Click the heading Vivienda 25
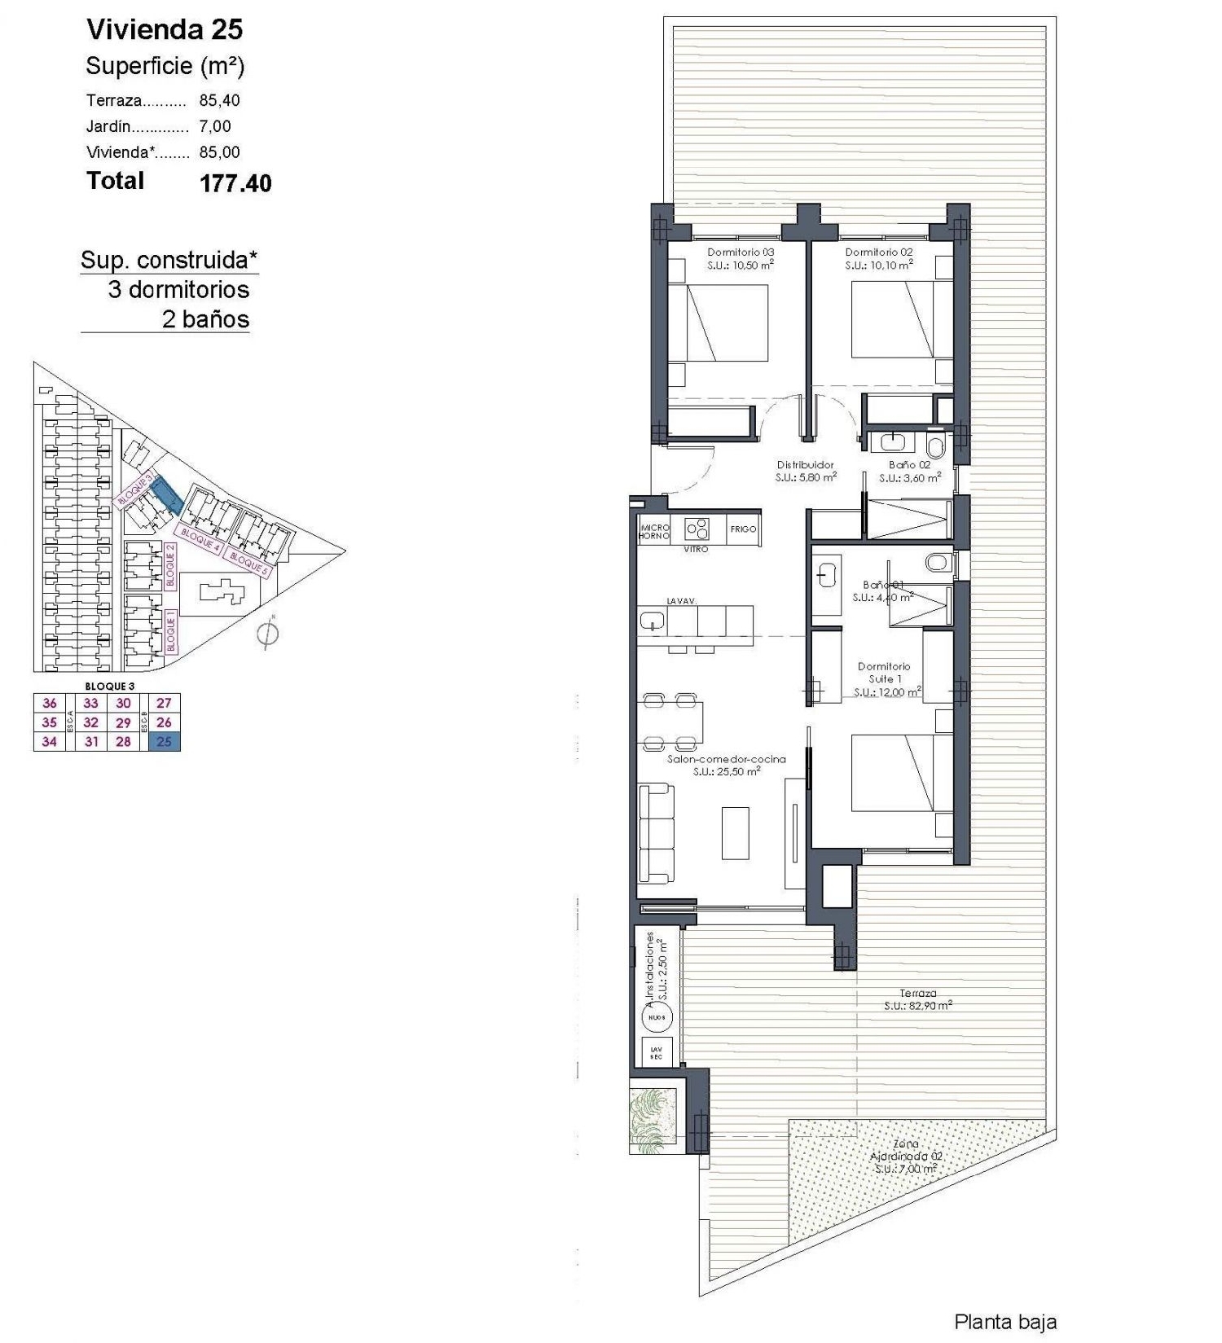[165, 29]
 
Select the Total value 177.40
[235, 183]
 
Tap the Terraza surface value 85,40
[219, 100]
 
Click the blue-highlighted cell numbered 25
[165, 741]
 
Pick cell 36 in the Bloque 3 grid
[50, 703]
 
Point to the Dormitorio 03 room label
[740, 252]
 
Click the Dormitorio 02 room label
[878, 252]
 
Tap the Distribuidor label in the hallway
[805, 465]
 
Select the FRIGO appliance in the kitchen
[743, 529]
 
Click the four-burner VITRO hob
[697, 529]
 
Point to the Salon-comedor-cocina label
[726, 759]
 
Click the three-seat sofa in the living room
[656, 832]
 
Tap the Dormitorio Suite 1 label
[884, 673]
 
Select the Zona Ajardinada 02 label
[905, 1156]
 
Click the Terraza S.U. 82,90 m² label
[918, 999]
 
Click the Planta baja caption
[1004, 1322]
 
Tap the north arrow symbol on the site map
[267, 634]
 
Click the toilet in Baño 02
[935, 445]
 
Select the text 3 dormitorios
[178, 290]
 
